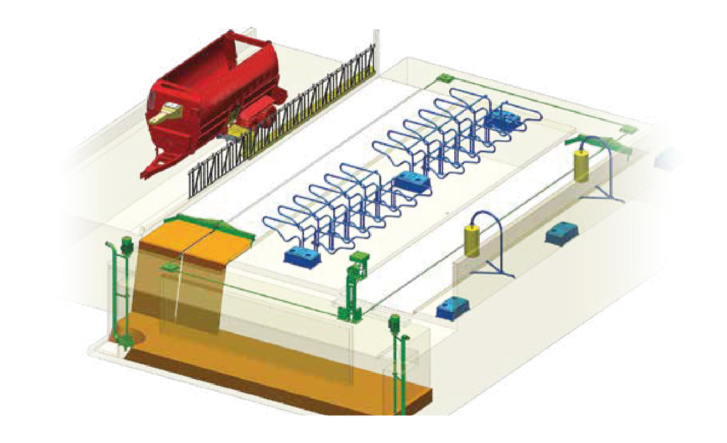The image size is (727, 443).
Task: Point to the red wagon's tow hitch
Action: coord(145,173)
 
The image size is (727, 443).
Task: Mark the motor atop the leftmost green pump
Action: coord(127,243)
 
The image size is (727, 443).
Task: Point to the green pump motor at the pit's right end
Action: coord(395,321)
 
